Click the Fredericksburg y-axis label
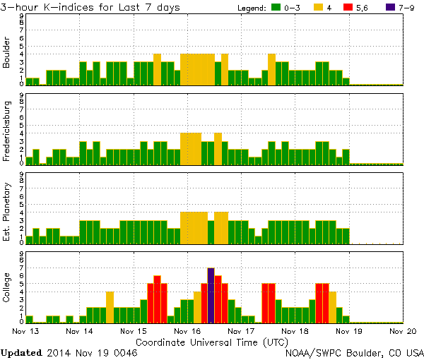pos(7,130)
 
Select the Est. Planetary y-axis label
pos(7,210)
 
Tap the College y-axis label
pos(7,288)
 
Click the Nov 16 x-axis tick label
pos(187,330)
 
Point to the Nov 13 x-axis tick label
pos(25,330)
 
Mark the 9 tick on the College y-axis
pos(21,253)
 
